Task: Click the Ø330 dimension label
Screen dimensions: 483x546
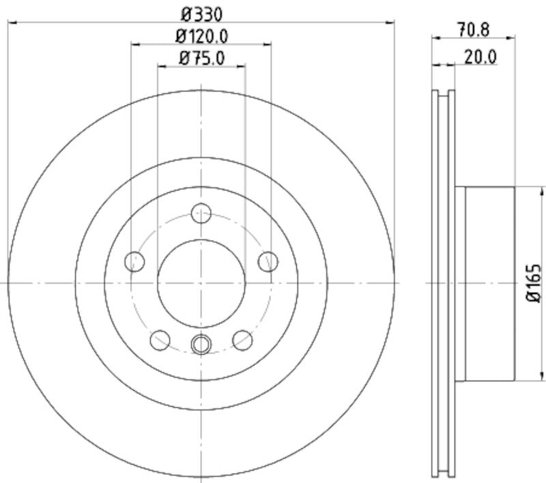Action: click(201, 13)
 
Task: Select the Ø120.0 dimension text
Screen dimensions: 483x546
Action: click(201, 35)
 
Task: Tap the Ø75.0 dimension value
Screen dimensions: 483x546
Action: click(201, 57)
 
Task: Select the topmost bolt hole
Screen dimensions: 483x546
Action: click(201, 214)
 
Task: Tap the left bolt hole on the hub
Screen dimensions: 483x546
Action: click(135, 261)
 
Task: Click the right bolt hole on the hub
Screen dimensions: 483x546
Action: click(268, 261)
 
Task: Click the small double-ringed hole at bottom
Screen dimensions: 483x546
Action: click(201, 345)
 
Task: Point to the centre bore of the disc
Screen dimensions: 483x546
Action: click(201, 282)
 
